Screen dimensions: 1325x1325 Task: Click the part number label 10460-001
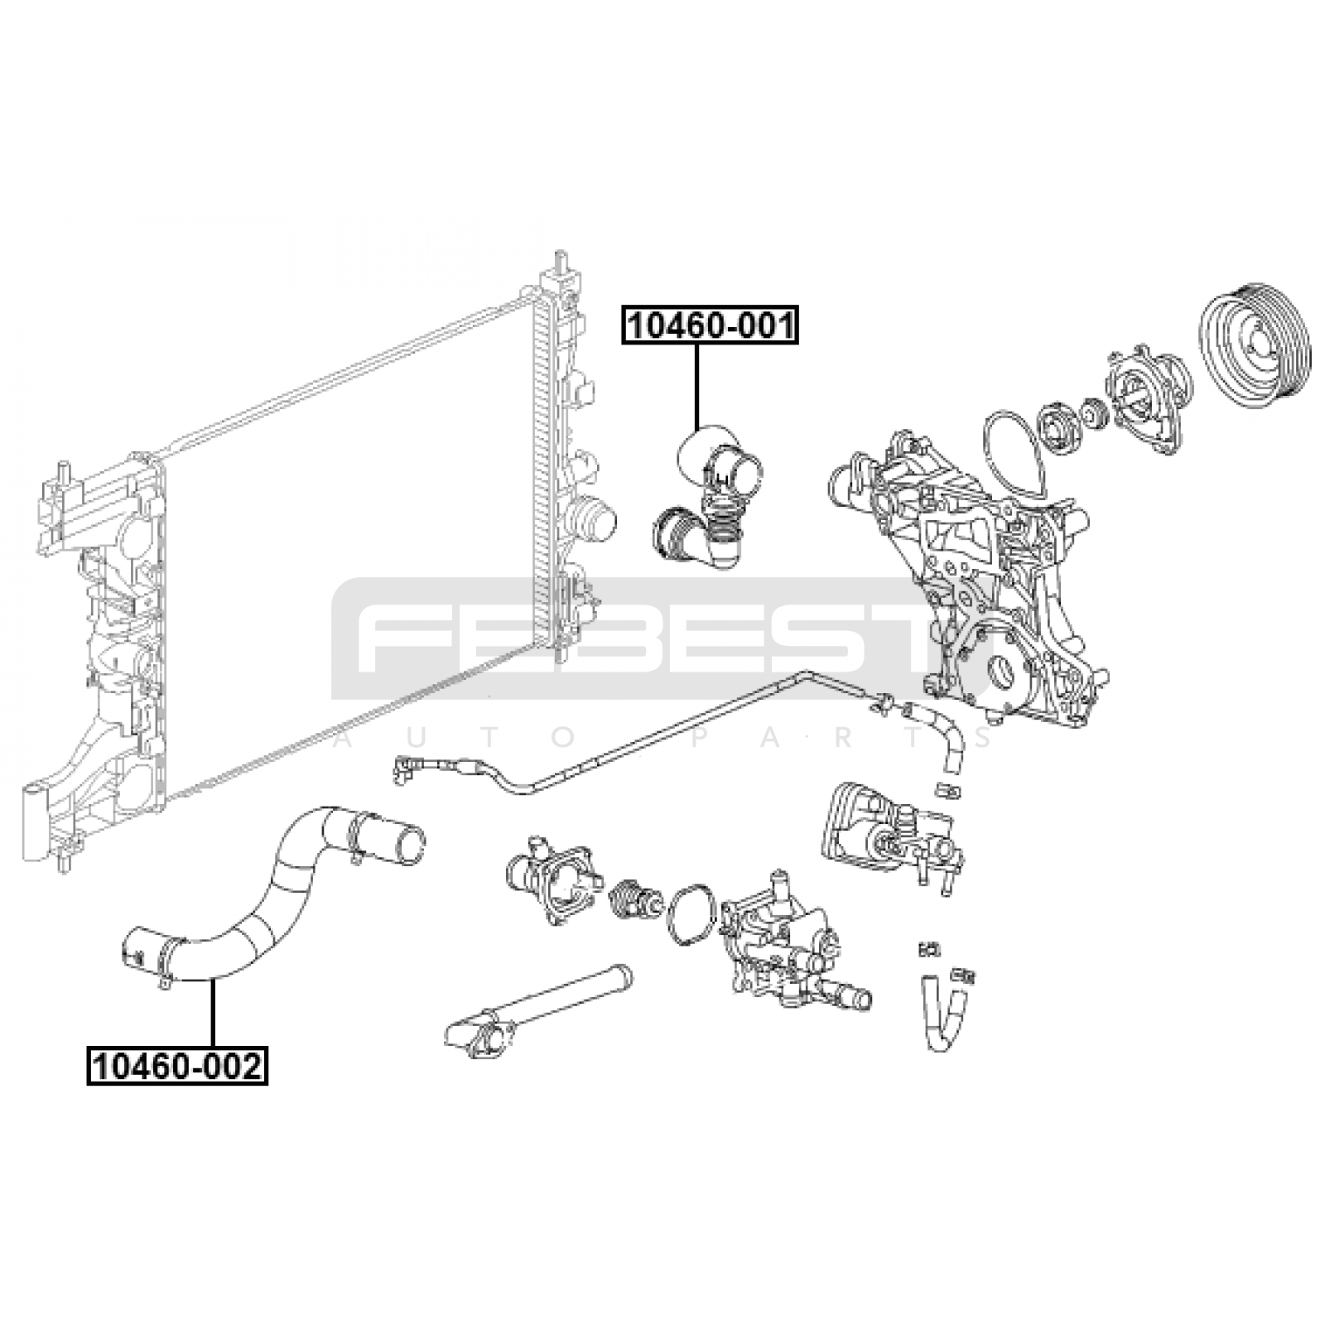coord(710,325)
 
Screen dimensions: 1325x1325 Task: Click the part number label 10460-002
coord(177,1066)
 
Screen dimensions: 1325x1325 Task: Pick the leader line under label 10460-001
coord(697,385)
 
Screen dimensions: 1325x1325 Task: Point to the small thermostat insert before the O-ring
coord(634,899)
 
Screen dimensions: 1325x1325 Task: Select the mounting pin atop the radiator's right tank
coord(561,269)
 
